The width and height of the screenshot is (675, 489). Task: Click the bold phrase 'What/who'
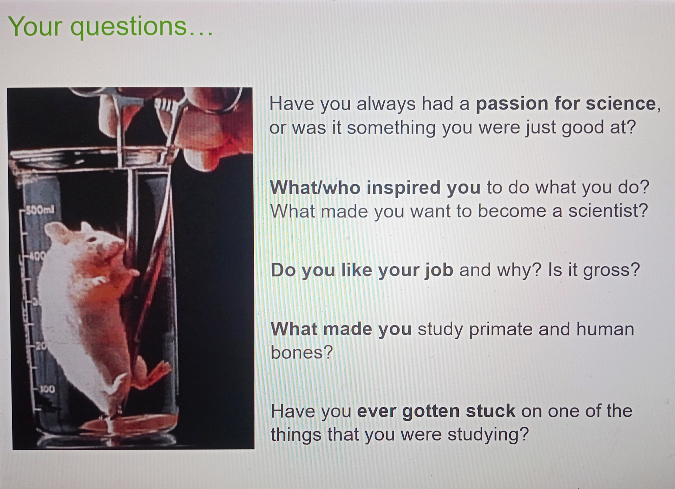[x=315, y=187]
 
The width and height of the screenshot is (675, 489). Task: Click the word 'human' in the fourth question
[x=605, y=329]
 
